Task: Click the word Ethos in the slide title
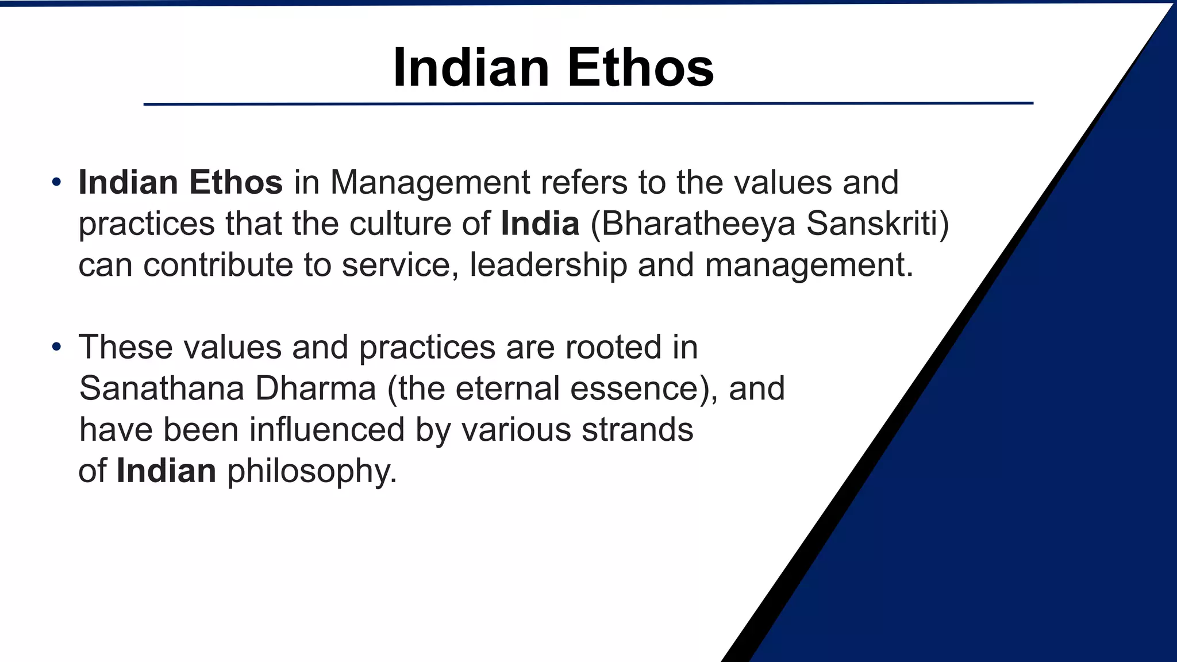640,68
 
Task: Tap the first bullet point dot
56,183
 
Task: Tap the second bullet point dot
56,348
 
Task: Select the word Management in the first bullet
430,183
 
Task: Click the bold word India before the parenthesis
540,224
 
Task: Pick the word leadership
548,265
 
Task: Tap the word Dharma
316,389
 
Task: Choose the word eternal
507,389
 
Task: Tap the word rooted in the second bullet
613,348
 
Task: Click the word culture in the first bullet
400,224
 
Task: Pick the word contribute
218,265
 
